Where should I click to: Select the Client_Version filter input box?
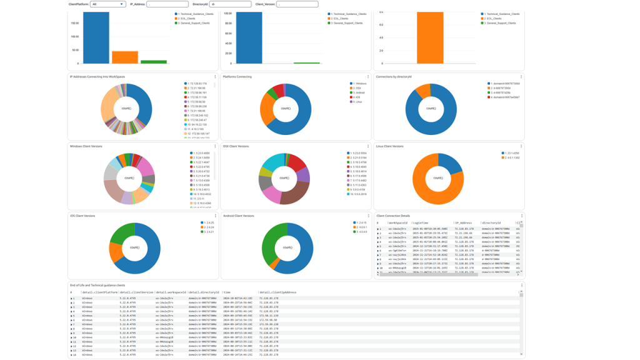[297, 4]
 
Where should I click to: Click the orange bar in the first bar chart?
[125, 57]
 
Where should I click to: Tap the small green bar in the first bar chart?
[154, 62]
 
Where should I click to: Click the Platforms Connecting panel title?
[237, 77]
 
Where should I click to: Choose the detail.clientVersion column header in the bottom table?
[136, 292]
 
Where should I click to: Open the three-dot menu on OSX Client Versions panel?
[369, 146]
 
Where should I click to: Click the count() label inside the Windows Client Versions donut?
[130, 178]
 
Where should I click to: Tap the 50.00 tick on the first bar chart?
[75, 50]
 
